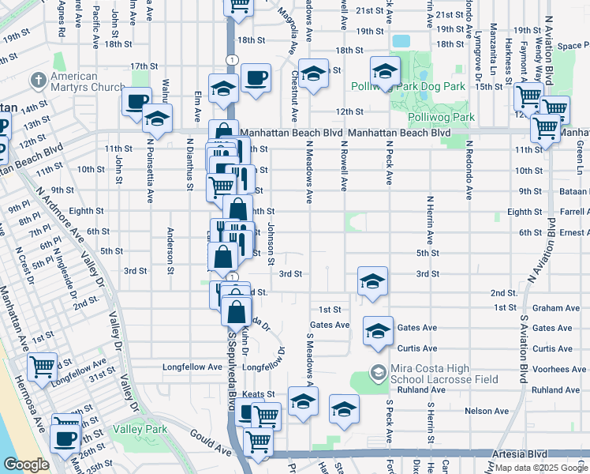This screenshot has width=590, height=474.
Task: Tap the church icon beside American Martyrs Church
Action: point(38,81)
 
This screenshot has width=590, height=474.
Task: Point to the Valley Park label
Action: point(139,429)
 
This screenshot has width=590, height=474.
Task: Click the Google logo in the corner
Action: point(26,465)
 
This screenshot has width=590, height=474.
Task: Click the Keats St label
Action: point(258,393)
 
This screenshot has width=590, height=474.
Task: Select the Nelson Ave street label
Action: point(487,411)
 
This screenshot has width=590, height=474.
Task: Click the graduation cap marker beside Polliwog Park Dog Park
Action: point(385,71)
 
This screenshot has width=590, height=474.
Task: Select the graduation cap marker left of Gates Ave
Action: point(378,331)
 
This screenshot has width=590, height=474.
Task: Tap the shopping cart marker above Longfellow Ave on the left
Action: point(43,366)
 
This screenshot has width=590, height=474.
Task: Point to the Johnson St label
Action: point(270,243)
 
